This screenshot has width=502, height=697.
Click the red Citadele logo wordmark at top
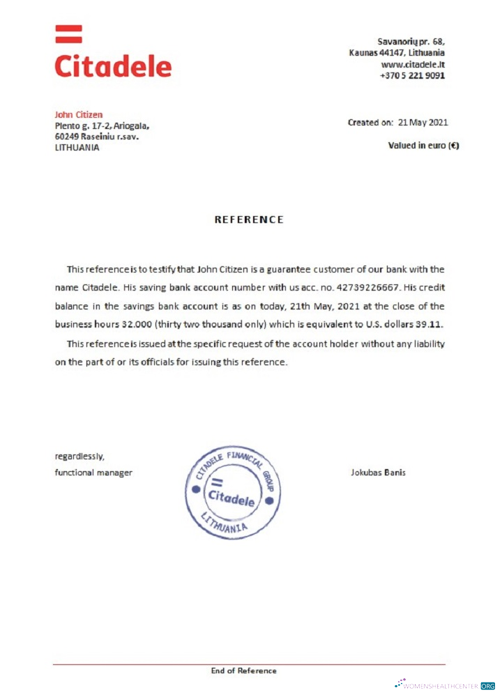click(x=113, y=66)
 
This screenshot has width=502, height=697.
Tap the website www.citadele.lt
click(x=413, y=64)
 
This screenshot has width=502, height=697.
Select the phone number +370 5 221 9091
click(x=412, y=75)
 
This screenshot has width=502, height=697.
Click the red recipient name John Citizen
click(x=79, y=114)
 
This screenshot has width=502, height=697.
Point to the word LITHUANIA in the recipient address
click(x=77, y=148)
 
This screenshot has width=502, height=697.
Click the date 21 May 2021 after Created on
click(x=423, y=123)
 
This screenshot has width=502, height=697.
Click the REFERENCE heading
click(x=249, y=220)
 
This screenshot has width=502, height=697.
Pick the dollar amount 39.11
click(x=429, y=324)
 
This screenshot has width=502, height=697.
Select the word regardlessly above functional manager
click(x=79, y=457)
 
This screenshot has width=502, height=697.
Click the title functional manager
click(x=93, y=473)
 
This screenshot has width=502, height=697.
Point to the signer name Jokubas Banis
click(x=378, y=473)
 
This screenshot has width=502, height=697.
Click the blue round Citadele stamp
click(x=233, y=493)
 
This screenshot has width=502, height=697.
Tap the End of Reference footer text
click(x=244, y=671)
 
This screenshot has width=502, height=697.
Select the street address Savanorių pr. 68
click(x=411, y=42)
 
